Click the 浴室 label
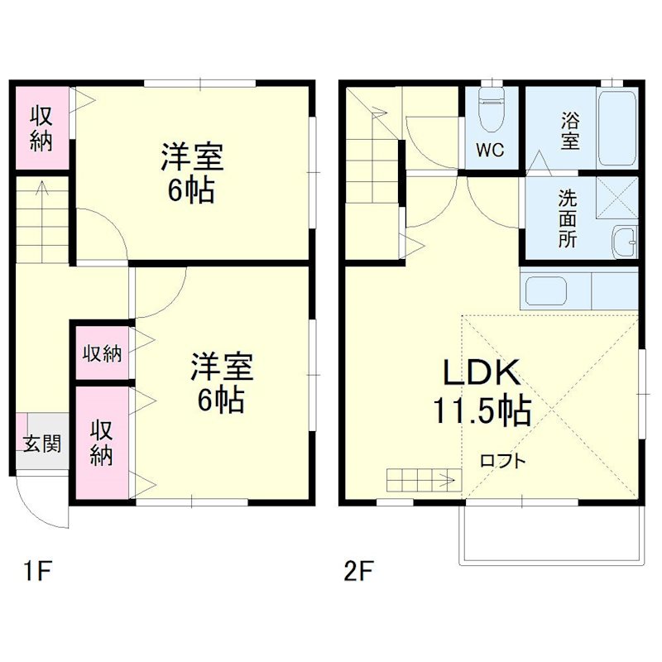tap(569, 129)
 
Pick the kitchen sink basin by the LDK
tap(546, 290)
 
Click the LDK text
tap(482, 374)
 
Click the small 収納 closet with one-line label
tap(102, 353)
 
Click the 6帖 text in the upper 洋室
tap(192, 190)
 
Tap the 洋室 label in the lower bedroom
tap(221, 366)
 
